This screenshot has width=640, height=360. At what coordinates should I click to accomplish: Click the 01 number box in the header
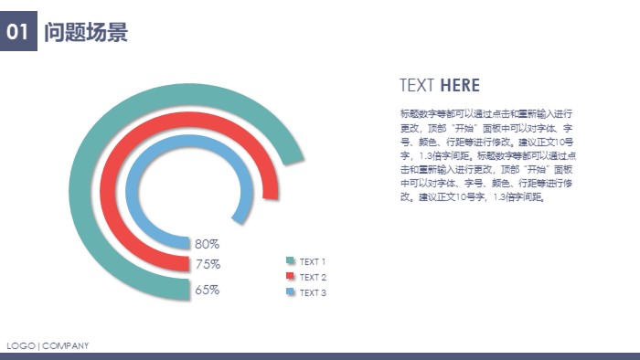click(18, 33)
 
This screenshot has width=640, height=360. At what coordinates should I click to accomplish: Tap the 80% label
click(207, 244)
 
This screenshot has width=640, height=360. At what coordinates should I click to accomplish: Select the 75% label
click(207, 264)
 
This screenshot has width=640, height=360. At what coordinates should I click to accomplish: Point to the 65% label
click(207, 290)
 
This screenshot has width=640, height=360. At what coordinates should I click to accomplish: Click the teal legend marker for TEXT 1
click(291, 261)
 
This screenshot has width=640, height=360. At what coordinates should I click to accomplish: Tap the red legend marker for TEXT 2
click(291, 276)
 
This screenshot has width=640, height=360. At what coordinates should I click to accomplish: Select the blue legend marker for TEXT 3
click(291, 292)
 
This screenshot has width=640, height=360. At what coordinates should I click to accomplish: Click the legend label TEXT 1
click(313, 262)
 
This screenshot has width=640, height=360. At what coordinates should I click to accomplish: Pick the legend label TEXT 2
click(313, 278)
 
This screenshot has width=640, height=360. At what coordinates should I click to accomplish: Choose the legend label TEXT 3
click(313, 293)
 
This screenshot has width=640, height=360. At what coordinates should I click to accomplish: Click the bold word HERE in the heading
click(460, 86)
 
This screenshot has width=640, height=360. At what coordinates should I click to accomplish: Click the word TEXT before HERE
click(417, 86)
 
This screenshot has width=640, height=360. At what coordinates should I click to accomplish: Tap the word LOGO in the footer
click(20, 345)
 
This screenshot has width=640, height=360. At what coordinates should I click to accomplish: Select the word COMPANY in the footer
click(66, 345)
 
